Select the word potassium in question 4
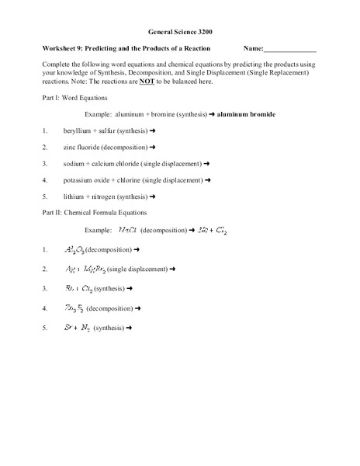(x=82, y=181)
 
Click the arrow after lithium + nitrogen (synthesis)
(x=164, y=198)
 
